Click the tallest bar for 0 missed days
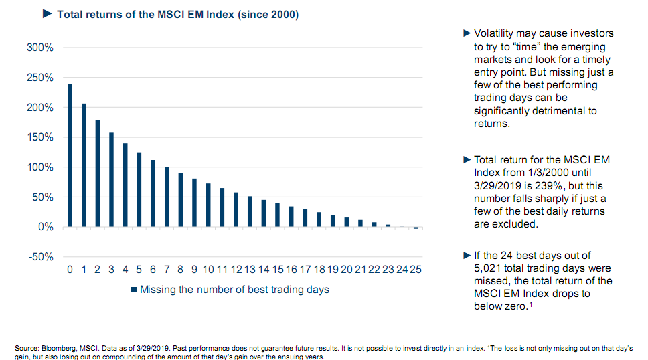tap(70, 155)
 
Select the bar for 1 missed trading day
tap(84, 165)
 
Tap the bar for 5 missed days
tap(139, 189)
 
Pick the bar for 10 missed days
tap(208, 205)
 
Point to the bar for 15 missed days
tap(277, 215)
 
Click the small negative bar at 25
tap(416, 228)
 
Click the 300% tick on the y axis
tap(41, 48)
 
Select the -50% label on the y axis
tap(42, 257)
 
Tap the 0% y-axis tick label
tap(46, 227)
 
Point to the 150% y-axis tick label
tap(41, 137)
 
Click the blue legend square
tap(134, 290)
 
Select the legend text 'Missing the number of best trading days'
tap(234, 290)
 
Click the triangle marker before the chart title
tap(47, 14)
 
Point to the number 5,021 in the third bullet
tap(488, 269)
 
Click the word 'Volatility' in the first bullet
tap(497, 33)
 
